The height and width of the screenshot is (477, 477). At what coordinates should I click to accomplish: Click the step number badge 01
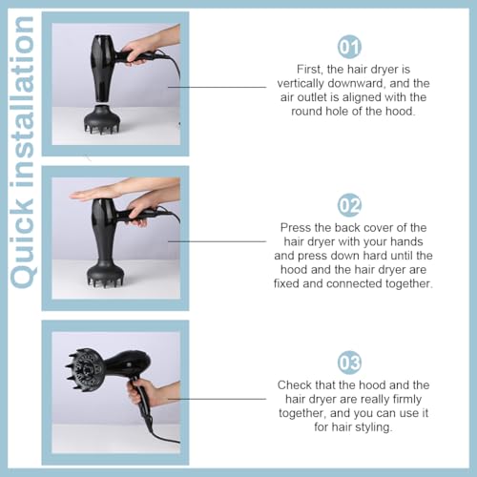pos(349,47)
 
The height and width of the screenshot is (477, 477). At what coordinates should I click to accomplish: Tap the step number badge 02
pos(349,205)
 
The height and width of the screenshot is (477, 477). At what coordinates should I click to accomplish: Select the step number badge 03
pos(349,363)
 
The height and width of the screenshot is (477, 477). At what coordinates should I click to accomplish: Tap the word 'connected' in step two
pos(354,283)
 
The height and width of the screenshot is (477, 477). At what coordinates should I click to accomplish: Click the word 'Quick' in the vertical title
pos(23,240)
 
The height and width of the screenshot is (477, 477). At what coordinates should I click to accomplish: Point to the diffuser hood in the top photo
pos(102,119)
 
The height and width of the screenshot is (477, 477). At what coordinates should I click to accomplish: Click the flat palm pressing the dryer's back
pos(93,194)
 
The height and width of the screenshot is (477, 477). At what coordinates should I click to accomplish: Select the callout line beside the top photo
pos(218,87)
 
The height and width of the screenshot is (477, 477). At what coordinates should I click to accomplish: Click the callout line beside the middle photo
pos(218,241)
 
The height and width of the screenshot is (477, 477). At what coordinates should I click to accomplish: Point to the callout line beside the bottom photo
pos(218,399)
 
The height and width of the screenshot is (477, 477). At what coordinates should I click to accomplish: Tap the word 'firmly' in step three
pos(407,400)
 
